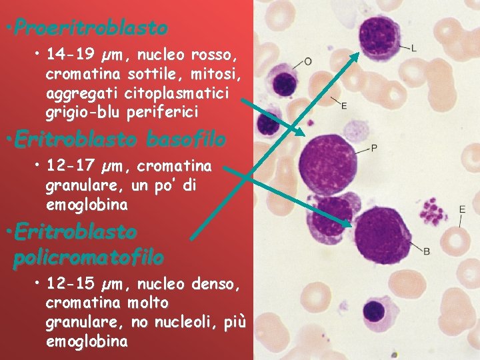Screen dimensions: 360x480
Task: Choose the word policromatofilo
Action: tap(88, 257)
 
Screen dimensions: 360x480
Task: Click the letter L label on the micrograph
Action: tap(414, 47)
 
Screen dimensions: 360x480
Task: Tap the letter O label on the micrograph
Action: tap(307, 61)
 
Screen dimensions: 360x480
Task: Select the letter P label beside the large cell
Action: tap(374, 147)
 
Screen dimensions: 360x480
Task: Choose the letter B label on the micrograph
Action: tap(427, 251)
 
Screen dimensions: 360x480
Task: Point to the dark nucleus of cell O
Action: tap(285, 84)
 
